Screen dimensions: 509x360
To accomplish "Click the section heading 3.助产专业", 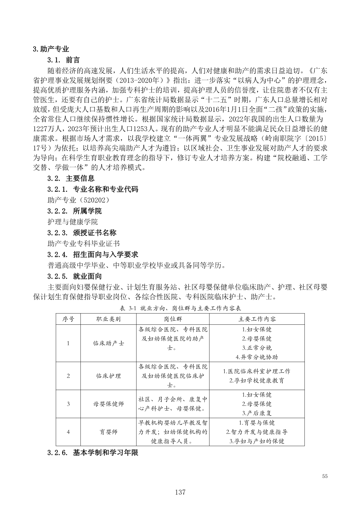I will click(x=51, y=49).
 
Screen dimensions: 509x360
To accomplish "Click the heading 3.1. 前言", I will click(x=64, y=60).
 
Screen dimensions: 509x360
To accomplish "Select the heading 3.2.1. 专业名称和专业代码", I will click(x=93, y=189).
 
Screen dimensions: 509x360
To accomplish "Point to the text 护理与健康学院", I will click(x=73, y=222).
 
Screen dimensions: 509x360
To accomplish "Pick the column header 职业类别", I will click(x=108, y=319).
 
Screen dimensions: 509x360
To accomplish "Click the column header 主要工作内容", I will click(x=257, y=319).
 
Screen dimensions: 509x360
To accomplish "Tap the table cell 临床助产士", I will click(x=108, y=343).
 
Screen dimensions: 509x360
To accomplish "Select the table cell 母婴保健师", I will click(x=108, y=404).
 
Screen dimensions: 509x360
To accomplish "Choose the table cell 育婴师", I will click(x=108, y=432).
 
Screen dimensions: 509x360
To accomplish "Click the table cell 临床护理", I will click(x=108, y=376).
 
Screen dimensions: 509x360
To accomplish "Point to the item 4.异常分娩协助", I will click(x=257, y=357).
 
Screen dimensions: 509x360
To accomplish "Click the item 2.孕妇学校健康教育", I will click(x=257, y=380).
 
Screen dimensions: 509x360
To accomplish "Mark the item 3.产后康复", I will click(x=257, y=413).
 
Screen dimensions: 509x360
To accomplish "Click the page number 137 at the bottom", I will click(x=180, y=492).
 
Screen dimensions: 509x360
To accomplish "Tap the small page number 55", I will click(x=325, y=476).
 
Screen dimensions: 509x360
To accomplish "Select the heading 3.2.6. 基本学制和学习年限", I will click(x=93, y=453).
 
